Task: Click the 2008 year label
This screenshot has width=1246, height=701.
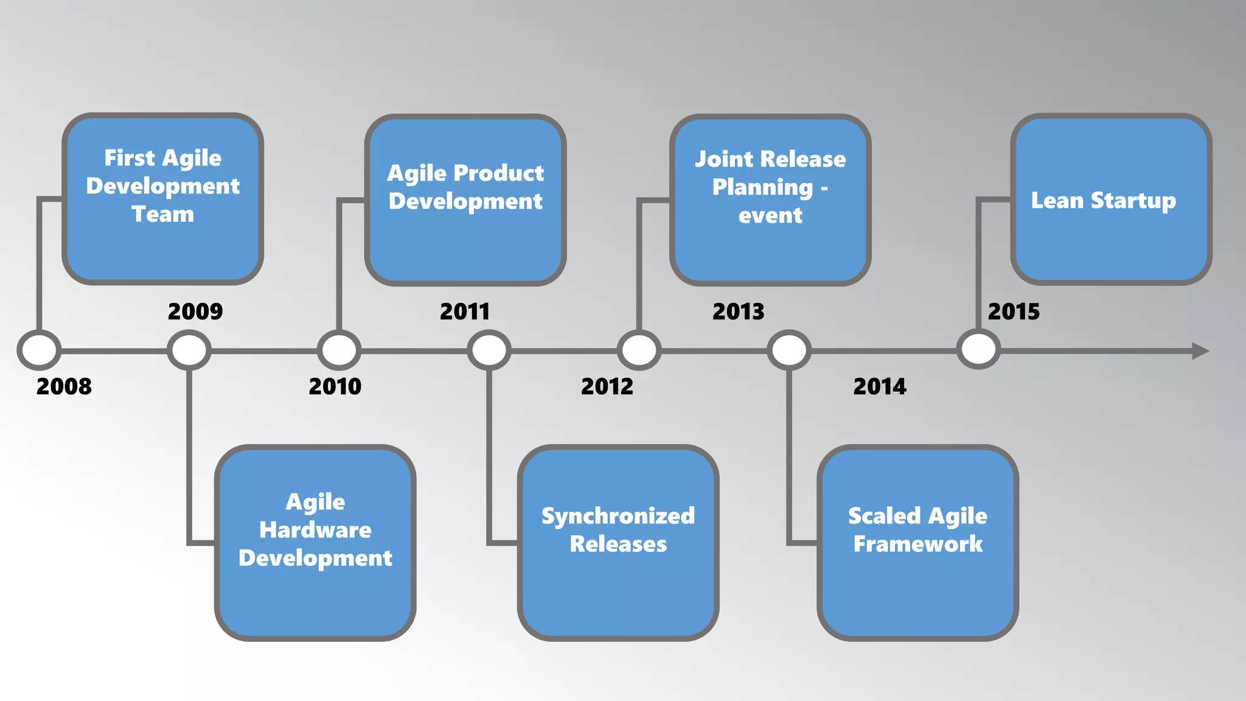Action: pyautogui.click(x=64, y=386)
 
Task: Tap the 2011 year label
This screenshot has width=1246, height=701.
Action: pyautogui.click(x=465, y=312)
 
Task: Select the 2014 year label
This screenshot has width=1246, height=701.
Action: pyautogui.click(x=880, y=386)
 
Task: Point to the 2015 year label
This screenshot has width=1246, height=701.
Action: pyautogui.click(x=1014, y=312)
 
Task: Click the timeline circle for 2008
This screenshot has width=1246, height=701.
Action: pyautogui.click(x=39, y=350)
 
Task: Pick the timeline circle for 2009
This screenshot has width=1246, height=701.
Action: pyautogui.click(x=189, y=350)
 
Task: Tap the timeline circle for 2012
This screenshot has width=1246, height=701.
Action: pyautogui.click(x=639, y=350)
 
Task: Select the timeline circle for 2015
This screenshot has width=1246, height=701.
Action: pyautogui.click(x=978, y=350)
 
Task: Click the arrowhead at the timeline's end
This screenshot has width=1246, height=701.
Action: pyautogui.click(x=1199, y=351)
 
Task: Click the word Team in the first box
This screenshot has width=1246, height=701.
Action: pyautogui.click(x=162, y=214)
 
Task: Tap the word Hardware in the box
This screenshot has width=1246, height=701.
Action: pyautogui.click(x=315, y=530)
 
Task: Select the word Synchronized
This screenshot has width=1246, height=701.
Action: pyautogui.click(x=618, y=516)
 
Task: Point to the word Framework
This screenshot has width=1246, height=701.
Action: pyautogui.click(x=917, y=544)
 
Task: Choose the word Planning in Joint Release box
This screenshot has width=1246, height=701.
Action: pyautogui.click(x=762, y=187)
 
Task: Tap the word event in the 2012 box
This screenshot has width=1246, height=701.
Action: pyautogui.click(x=770, y=215)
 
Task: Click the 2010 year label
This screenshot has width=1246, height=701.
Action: pyautogui.click(x=335, y=386)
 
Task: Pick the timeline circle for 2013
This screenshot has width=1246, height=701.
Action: pyautogui.click(x=789, y=350)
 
